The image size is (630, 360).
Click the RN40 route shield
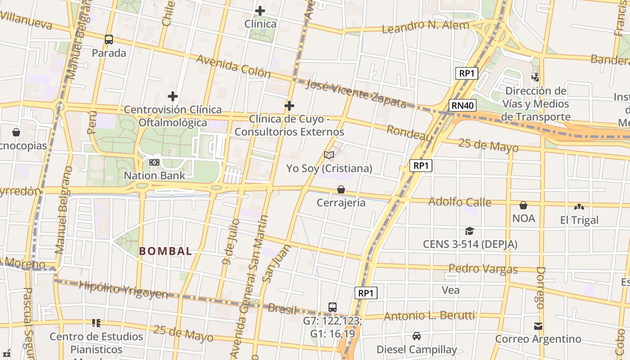(463, 106)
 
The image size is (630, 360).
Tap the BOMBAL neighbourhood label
(166, 251)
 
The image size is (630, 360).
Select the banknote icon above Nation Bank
(154, 162)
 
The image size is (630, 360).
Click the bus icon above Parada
(109, 40)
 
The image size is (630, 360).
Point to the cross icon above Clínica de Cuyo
(289, 106)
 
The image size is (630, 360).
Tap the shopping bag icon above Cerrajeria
(341, 189)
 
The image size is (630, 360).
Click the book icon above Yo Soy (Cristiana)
(329, 155)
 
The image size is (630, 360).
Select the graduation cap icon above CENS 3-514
(470, 231)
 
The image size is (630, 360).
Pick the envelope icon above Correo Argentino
(538, 326)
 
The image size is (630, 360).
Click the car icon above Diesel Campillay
(417, 336)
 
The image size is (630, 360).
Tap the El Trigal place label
(579, 220)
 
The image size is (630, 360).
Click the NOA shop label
(523, 218)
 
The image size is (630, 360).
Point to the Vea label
(450, 290)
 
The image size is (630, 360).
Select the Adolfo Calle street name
(459, 202)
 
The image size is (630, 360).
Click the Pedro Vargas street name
(483, 269)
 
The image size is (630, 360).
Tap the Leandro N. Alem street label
(425, 27)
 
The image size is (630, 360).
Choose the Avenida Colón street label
(233, 66)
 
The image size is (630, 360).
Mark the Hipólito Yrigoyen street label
(123, 290)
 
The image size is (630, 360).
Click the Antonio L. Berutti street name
(429, 316)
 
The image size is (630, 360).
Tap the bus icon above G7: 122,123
(333, 307)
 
